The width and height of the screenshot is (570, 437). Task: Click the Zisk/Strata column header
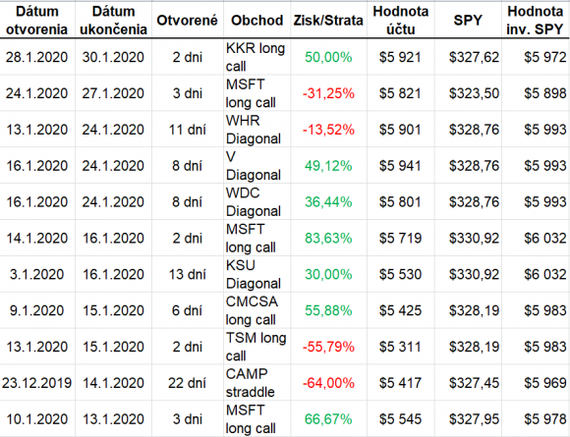point(328,21)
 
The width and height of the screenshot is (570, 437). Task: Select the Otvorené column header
point(187,21)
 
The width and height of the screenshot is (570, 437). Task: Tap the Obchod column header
point(257,21)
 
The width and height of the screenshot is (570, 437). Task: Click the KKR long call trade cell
point(256,57)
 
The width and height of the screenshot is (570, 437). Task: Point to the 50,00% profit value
point(328,57)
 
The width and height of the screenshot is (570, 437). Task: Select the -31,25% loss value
point(328,93)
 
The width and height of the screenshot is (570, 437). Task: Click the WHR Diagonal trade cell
point(254,130)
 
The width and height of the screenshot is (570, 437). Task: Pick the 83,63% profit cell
point(328,239)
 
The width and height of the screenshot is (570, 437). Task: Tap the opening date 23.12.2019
point(36,383)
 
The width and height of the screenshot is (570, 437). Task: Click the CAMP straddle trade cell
point(250,383)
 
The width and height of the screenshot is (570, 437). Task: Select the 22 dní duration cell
point(187,383)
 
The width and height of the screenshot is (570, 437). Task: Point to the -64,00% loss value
point(328,383)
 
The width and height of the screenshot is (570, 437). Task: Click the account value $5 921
point(400,57)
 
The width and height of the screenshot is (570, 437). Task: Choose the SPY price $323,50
point(474,93)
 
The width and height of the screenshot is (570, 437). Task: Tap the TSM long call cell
point(256,347)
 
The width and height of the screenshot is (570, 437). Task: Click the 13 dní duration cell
point(187,274)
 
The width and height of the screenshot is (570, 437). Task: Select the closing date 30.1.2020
point(113,57)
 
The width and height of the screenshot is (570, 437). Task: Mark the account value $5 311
point(400,347)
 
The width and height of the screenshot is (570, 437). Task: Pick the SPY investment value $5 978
point(544,419)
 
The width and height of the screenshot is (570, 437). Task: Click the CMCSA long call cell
point(252,310)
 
